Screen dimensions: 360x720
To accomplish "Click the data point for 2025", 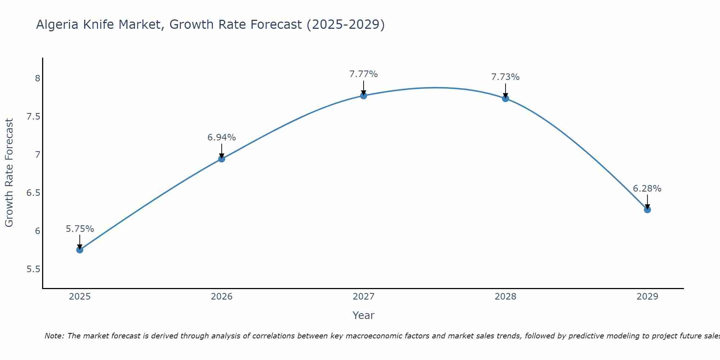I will pyautogui.click(x=80, y=250).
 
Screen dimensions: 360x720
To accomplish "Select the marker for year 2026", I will pyautogui.click(x=222, y=159).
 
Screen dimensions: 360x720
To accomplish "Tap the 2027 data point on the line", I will pyautogui.click(x=364, y=95).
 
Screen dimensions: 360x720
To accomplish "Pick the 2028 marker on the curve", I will pyautogui.click(x=505, y=98).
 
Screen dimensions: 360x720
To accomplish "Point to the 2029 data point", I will pyautogui.click(x=647, y=210).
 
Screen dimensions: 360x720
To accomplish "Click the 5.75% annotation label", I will pyautogui.click(x=80, y=229).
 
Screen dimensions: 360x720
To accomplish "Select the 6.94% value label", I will pyautogui.click(x=222, y=138).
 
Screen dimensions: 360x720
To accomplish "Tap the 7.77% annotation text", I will pyautogui.click(x=364, y=74).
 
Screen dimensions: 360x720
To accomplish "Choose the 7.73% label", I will pyautogui.click(x=505, y=77).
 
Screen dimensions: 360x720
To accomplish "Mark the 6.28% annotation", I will pyautogui.click(x=647, y=189).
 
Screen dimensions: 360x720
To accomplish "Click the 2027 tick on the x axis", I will pyautogui.click(x=364, y=297).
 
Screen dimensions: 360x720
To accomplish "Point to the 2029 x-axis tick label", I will pyautogui.click(x=647, y=297).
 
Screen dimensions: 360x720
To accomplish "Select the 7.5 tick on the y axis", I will pyautogui.click(x=33, y=117).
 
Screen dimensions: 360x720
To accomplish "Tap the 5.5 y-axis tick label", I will pyautogui.click(x=33, y=269).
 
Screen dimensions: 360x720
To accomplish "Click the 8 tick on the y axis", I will pyautogui.click(x=37, y=78).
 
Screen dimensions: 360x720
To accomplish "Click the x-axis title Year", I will pyautogui.click(x=364, y=315).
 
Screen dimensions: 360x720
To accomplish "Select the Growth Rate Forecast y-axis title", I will pyautogui.click(x=9, y=173).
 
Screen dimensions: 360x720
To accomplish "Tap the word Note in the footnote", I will pyautogui.click(x=54, y=336).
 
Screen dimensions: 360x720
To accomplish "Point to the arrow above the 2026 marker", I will pyautogui.click(x=222, y=150).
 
